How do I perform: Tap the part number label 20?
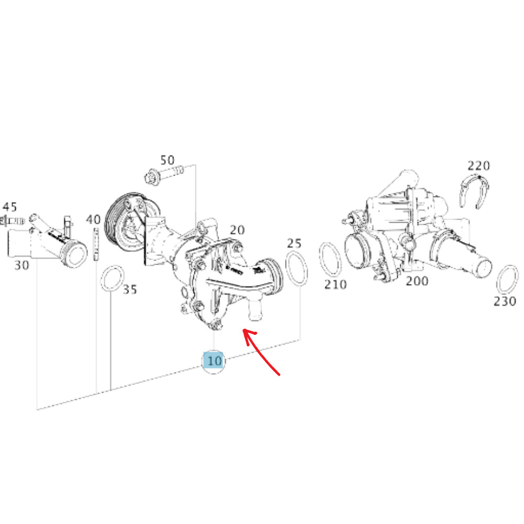click(237, 230)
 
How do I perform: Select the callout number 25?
click(294, 243)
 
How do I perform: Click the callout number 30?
click(21, 265)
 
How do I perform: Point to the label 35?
click(129, 289)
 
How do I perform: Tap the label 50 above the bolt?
click(167, 159)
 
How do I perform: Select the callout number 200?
click(417, 281)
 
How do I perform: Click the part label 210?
click(335, 284)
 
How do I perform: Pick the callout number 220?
click(478, 166)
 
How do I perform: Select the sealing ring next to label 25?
click(296, 268)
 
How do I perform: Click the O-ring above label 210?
click(331, 259)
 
